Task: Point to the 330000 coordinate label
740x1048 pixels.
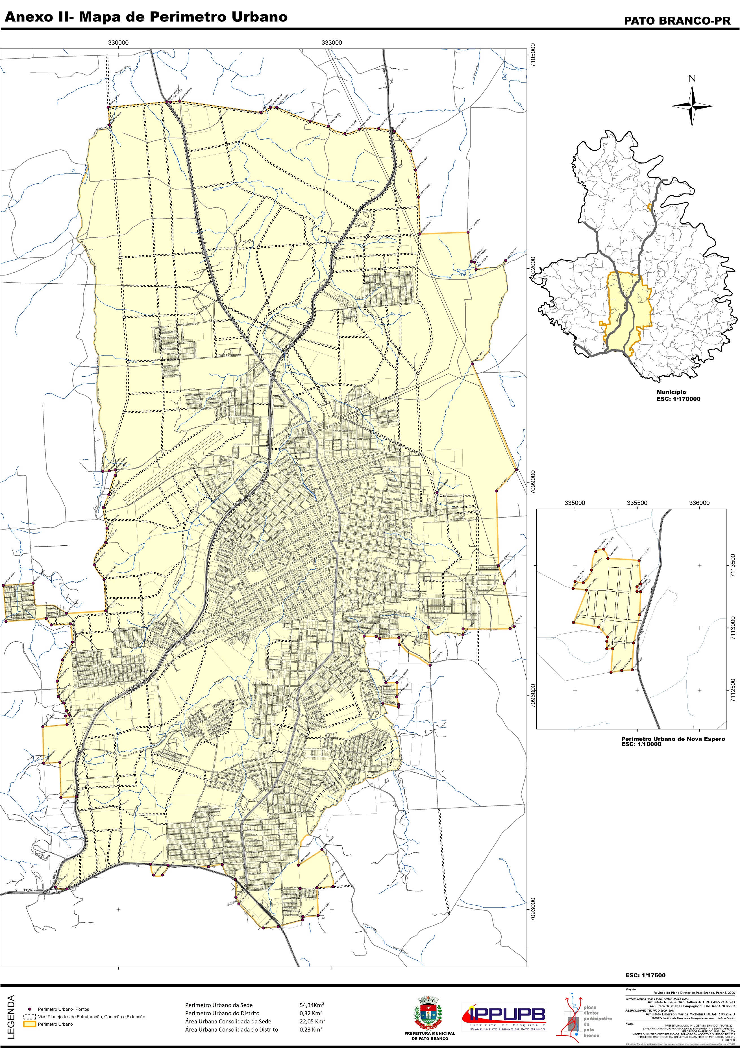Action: tap(118, 43)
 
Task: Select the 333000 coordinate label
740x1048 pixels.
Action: tap(332, 43)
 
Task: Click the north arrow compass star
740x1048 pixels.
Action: tap(692, 106)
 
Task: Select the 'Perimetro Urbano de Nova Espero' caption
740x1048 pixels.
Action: tap(673, 739)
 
